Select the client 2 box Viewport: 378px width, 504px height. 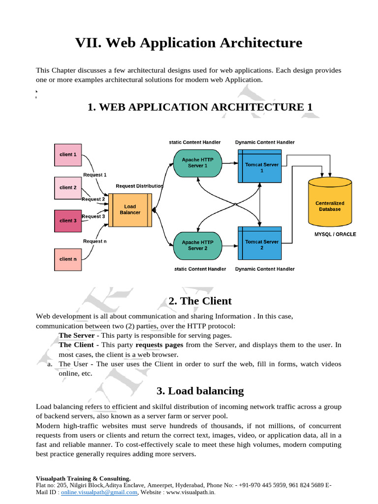[68, 188]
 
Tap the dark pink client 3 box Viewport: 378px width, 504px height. [68, 220]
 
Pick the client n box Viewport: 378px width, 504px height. [68, 259]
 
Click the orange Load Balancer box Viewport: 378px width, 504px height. [130, 210]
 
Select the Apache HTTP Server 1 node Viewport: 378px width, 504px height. [197, 162]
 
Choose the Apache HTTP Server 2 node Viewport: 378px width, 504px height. [197, 245]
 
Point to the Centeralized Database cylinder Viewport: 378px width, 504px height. [330, 206]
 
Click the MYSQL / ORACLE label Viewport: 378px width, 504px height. [335, 234]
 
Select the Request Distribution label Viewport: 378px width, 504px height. [139, 186]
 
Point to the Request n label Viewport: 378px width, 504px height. [94, 241]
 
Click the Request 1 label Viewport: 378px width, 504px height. [95, 175]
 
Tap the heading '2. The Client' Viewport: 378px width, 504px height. [200, 301]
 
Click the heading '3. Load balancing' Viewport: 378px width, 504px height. [200, 391]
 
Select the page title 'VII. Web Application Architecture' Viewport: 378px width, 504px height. [189, 43]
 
